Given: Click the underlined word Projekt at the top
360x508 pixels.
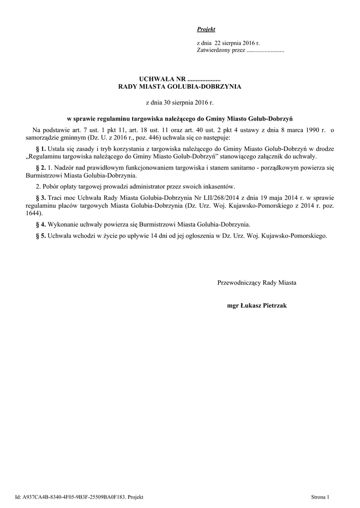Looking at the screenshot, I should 206,30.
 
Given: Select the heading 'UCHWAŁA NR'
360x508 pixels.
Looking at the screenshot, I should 162,79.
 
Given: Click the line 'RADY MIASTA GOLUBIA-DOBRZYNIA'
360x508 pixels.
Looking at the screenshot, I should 179,86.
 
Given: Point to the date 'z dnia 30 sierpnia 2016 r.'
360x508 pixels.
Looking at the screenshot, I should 179,103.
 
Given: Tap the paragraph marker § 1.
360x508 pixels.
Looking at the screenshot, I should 41,149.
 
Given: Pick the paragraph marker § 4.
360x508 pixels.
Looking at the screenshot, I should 41,224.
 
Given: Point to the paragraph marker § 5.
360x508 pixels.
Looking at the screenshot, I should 41,236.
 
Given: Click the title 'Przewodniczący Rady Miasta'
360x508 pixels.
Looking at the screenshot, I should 257,282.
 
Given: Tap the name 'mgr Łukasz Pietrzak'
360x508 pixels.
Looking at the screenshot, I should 257,306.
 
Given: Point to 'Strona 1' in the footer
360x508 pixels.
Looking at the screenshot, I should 320,497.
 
